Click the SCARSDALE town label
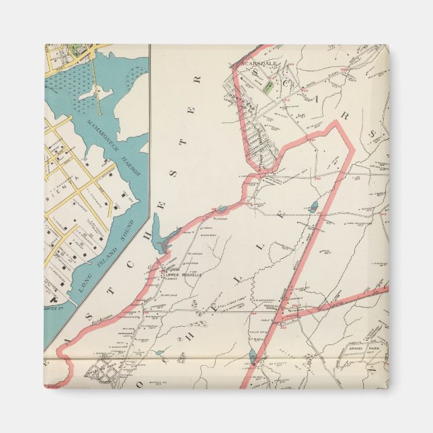pos(247,66)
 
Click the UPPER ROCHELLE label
pos(184,275)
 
